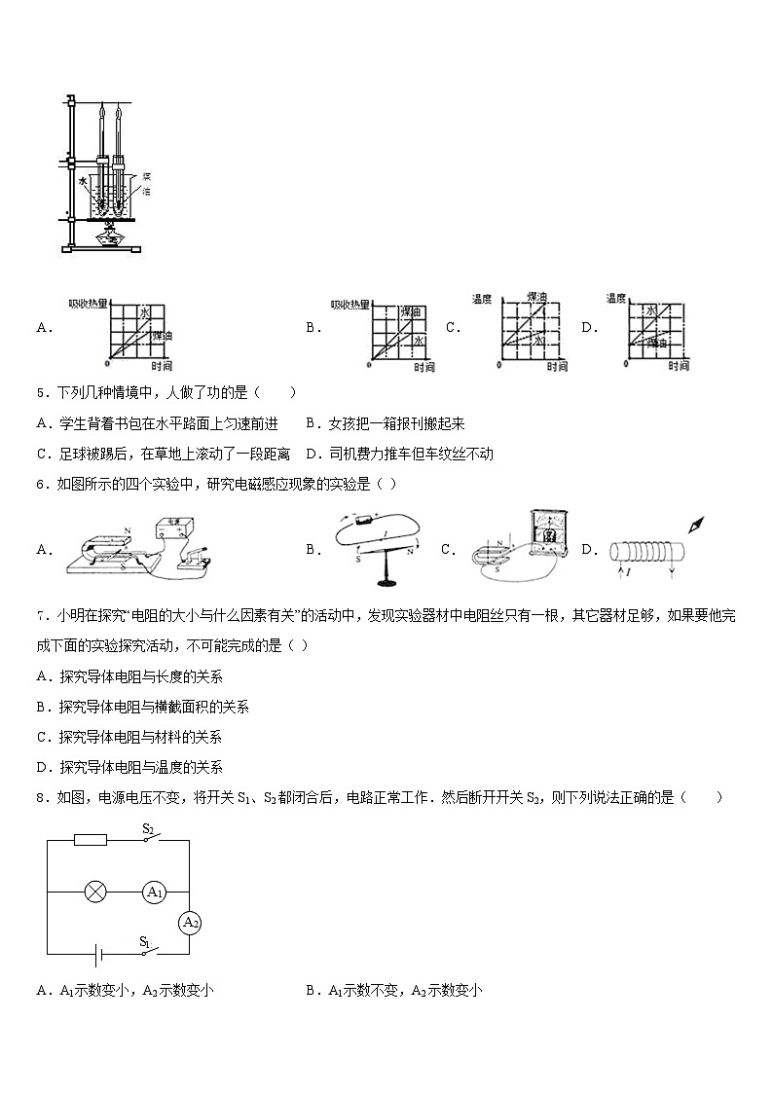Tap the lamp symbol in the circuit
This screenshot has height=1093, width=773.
pyautogui.click(x=95, y=892)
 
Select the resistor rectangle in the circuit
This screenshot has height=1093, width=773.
pyautogui.click(x=91, y=839)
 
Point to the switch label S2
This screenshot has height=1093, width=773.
pyautogui.click(x=149, y=828)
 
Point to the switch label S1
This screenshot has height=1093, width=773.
pyautogui.click(x=144, y=941)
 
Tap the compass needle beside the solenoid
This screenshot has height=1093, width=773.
pyautogui.click(x=696, y=525)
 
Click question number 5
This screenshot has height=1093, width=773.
pyautogui.click(x=41, y=393)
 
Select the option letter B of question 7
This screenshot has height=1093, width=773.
pyautogui.click(x=42, y=707)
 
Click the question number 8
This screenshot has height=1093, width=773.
pyautogui.click(x=41, y=798)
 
